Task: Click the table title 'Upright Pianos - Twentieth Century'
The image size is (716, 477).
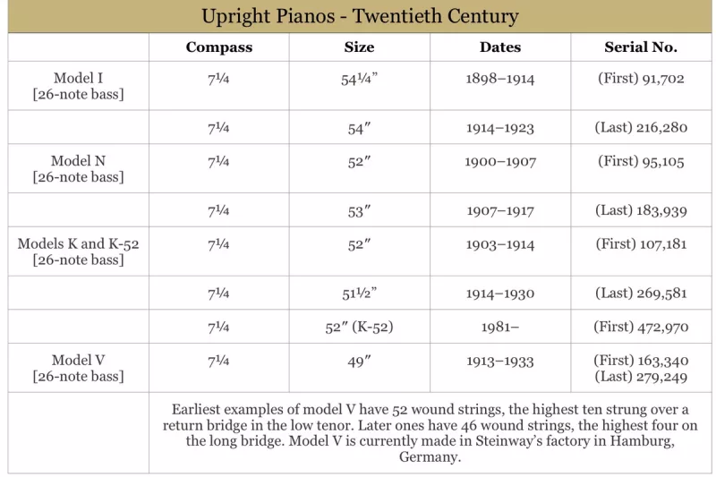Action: [x=360, y=17]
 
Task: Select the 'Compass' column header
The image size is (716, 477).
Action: [x=219, y=47]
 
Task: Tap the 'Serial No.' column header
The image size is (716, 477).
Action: [x=641, y=47]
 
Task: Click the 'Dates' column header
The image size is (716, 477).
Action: [x=500, y=47]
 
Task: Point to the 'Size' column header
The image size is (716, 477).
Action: [x=359, y=47]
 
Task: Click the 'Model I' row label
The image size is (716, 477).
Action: [x=78, y=79]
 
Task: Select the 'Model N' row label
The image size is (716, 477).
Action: [x=78, y=161]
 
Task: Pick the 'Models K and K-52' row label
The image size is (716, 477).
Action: [x=78, y=243]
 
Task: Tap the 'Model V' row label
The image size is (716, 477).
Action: [x=78, y=361]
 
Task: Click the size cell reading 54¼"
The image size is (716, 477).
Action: [x=359, y=79]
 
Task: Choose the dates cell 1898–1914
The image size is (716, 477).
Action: [x=500, y=79]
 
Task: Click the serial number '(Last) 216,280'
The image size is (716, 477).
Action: [x=641, y=127]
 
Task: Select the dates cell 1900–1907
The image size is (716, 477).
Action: [x=500, y=162]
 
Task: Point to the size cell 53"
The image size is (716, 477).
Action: [x=359, y=211]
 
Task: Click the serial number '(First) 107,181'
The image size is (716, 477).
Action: [x=641, y=244]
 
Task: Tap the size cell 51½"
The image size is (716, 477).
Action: [x=359, y=294]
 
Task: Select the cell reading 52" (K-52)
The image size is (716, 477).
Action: [x=359, y=328]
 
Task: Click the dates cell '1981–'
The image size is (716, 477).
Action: [x=500, y=328]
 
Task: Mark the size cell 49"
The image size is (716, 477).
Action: [x=359, y=362]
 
